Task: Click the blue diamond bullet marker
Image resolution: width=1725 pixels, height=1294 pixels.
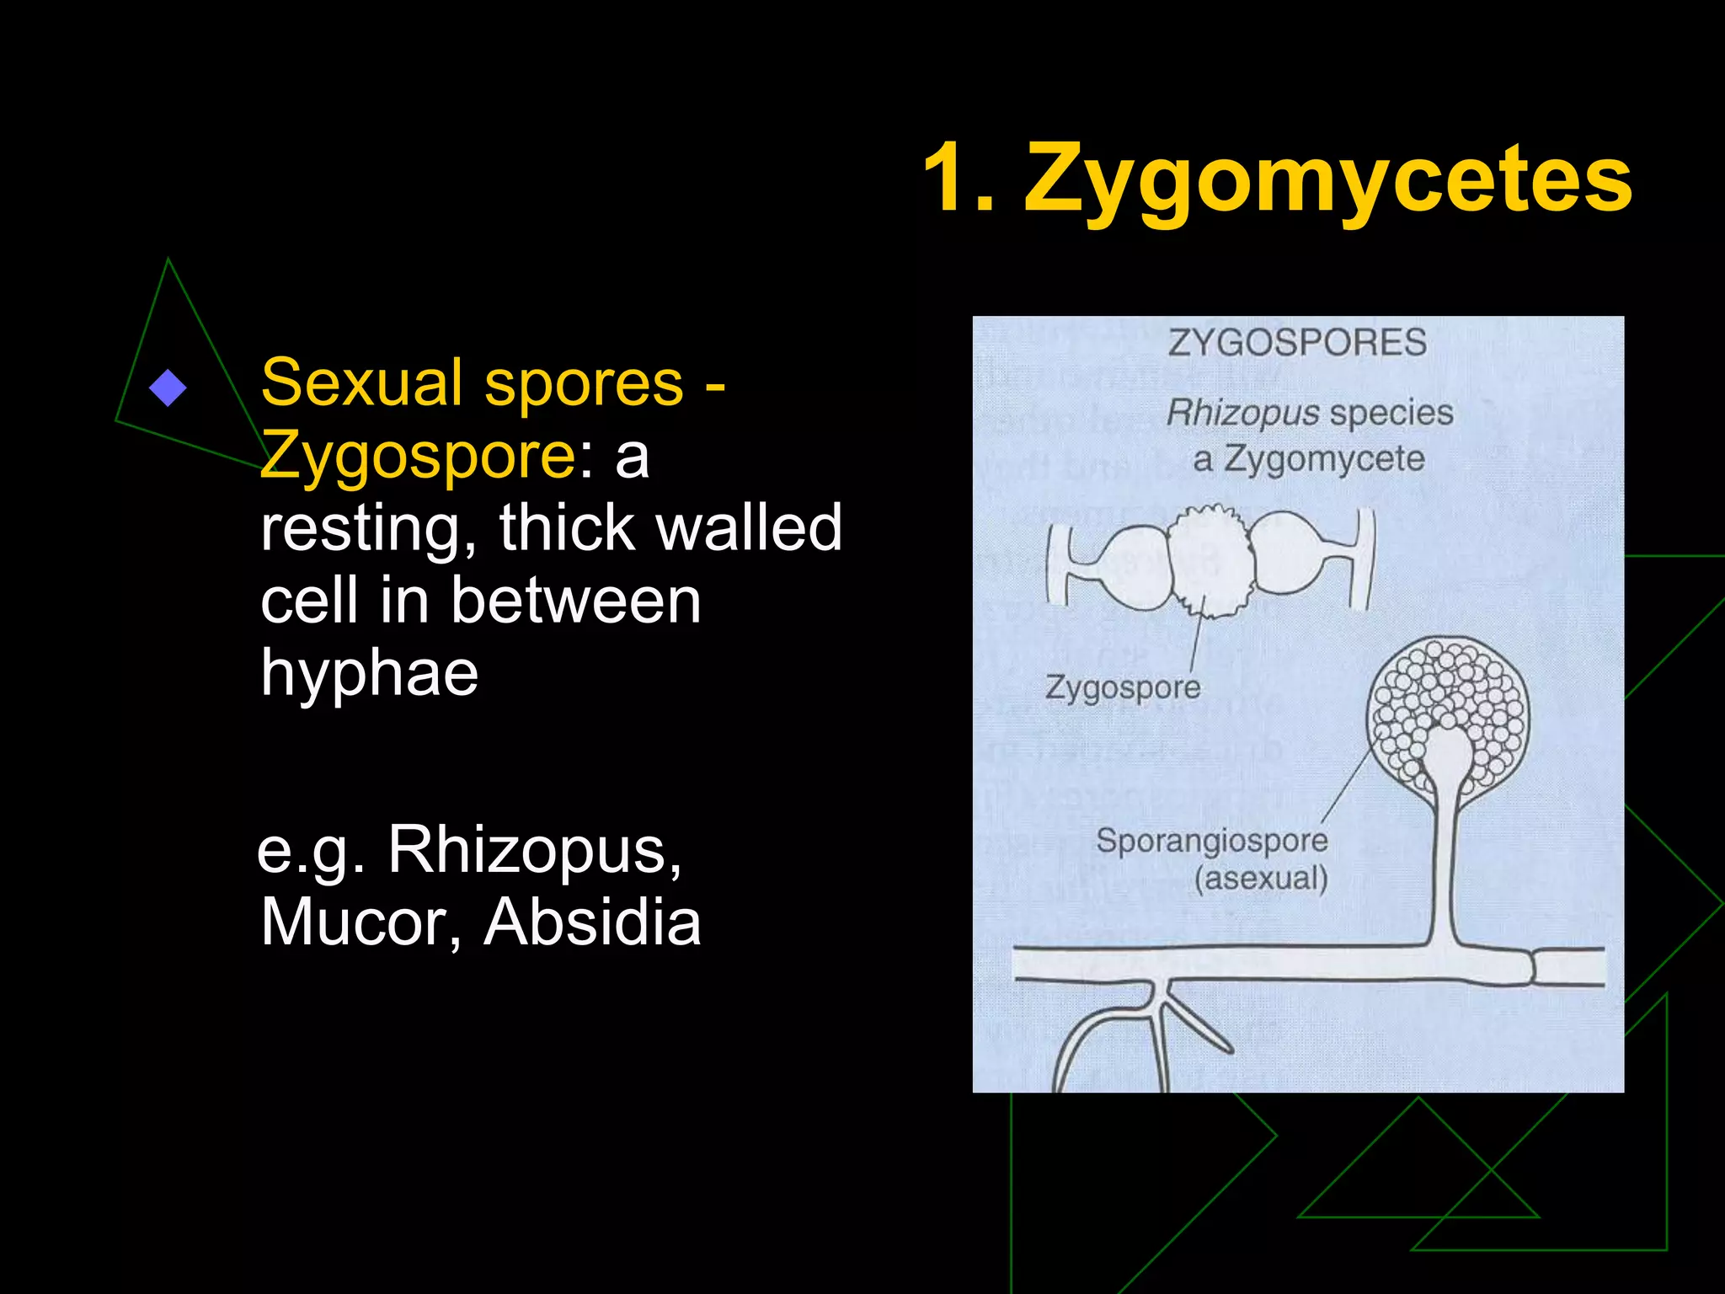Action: tap(168, 388)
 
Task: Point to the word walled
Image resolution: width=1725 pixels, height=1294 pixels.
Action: tap(749, 528)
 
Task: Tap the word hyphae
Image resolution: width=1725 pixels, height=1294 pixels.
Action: tap(369, 673)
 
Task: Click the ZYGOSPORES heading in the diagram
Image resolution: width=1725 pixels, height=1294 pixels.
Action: tap(1297, 343)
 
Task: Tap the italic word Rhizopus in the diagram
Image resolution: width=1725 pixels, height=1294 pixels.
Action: tap(1242, 413)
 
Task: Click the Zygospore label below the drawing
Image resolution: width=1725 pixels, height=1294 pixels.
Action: tap(1123, 687)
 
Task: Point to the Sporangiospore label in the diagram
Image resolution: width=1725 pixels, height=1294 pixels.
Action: tap(1211, 840)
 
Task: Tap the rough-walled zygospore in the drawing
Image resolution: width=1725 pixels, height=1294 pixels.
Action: tap(1210, 560)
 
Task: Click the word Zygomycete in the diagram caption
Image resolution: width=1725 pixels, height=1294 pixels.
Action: tap(1324, 460)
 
